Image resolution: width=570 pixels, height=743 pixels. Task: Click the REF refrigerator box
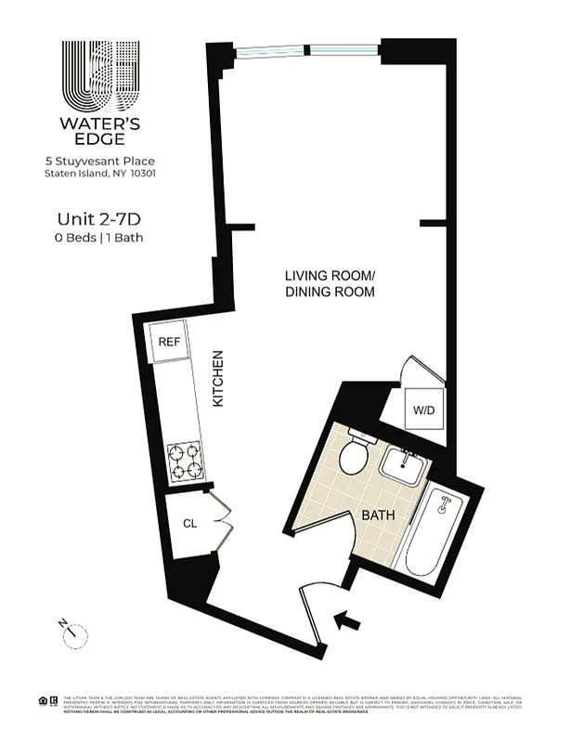coord(169,343)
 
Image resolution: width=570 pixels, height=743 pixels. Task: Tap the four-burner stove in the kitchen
coord(185,461)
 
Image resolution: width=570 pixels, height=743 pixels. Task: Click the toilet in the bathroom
coord(354,456)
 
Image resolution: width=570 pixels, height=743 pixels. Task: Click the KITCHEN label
coord(219,379)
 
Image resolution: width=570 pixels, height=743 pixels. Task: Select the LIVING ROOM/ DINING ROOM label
coord(330,283)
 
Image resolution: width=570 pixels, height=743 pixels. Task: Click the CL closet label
coord(189,524)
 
